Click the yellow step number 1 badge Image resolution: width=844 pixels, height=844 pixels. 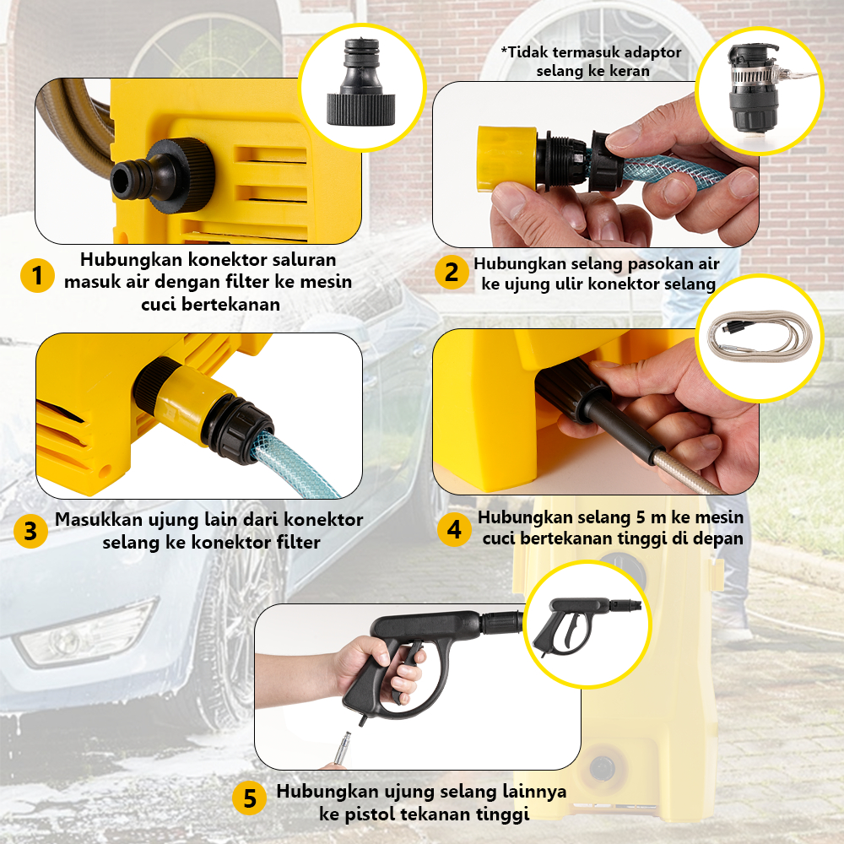(x=37, y=276)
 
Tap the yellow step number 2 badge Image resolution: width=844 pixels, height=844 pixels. (x=452, y=273)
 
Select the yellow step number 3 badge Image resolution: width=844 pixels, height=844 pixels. (x=30, y=531)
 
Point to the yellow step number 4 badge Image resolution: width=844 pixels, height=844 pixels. (x=454, y=530)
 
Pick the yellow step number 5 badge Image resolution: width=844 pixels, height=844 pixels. (x=249, y=798)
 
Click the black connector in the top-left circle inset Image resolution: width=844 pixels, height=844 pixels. (x=360, y=83)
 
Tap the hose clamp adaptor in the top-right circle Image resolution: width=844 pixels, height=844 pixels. (x=754, y=89)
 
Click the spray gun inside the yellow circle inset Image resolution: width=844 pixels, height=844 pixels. (x=584, y=625)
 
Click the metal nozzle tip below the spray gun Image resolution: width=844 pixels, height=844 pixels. (x=342, y=747)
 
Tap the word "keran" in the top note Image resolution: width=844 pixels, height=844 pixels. (x=630, y=71)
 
